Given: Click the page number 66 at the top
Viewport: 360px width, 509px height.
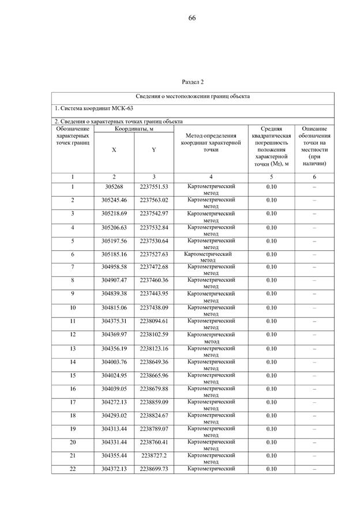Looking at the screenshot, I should point(192,18).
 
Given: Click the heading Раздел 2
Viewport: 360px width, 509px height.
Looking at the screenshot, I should point(193,82).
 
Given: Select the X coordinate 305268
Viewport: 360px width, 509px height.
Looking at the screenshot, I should point(114,187).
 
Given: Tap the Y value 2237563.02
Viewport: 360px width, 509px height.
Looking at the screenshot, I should point(153,200).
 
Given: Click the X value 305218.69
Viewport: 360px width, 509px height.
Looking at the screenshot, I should point(114,214).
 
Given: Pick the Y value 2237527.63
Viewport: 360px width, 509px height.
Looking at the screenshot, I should point(153,254).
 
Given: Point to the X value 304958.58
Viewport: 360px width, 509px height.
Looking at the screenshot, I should point(114,267).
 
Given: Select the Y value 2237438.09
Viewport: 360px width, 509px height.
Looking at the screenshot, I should point(153,308).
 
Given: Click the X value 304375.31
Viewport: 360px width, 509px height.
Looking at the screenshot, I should point(114,321).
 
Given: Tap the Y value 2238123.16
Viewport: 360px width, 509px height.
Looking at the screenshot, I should point(153,348).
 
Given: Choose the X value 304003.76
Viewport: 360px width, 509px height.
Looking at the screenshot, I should point(114,362).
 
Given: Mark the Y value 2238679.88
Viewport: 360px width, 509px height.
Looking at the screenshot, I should point(153,389).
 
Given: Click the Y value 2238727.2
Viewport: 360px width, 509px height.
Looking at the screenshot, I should point(153,455).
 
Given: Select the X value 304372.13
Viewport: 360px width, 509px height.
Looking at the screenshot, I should point(114,469).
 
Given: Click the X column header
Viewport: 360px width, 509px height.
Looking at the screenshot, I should point(114,149).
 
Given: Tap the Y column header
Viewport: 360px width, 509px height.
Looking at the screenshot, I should point(153,149).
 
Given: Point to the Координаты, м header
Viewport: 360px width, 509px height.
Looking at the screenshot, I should point(134,129).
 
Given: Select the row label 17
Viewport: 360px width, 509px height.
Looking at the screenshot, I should point(73,402).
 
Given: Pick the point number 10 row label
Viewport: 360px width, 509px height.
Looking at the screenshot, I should point(73,308).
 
